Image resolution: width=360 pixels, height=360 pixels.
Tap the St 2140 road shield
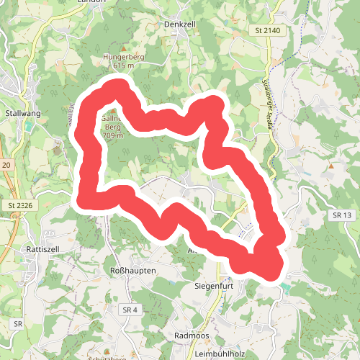point(267,31)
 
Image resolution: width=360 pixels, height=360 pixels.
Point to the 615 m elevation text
point(123,66)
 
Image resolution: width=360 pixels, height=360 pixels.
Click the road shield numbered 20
point(6,166)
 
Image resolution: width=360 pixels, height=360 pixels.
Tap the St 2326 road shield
point(20,206)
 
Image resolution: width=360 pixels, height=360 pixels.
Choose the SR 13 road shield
point(342,215)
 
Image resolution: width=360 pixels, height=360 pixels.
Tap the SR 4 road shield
point(130,310)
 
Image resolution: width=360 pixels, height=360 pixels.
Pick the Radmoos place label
point(192,336)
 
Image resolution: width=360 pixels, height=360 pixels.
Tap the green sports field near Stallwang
point(29,125)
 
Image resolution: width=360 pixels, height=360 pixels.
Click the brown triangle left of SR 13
point(330,167)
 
